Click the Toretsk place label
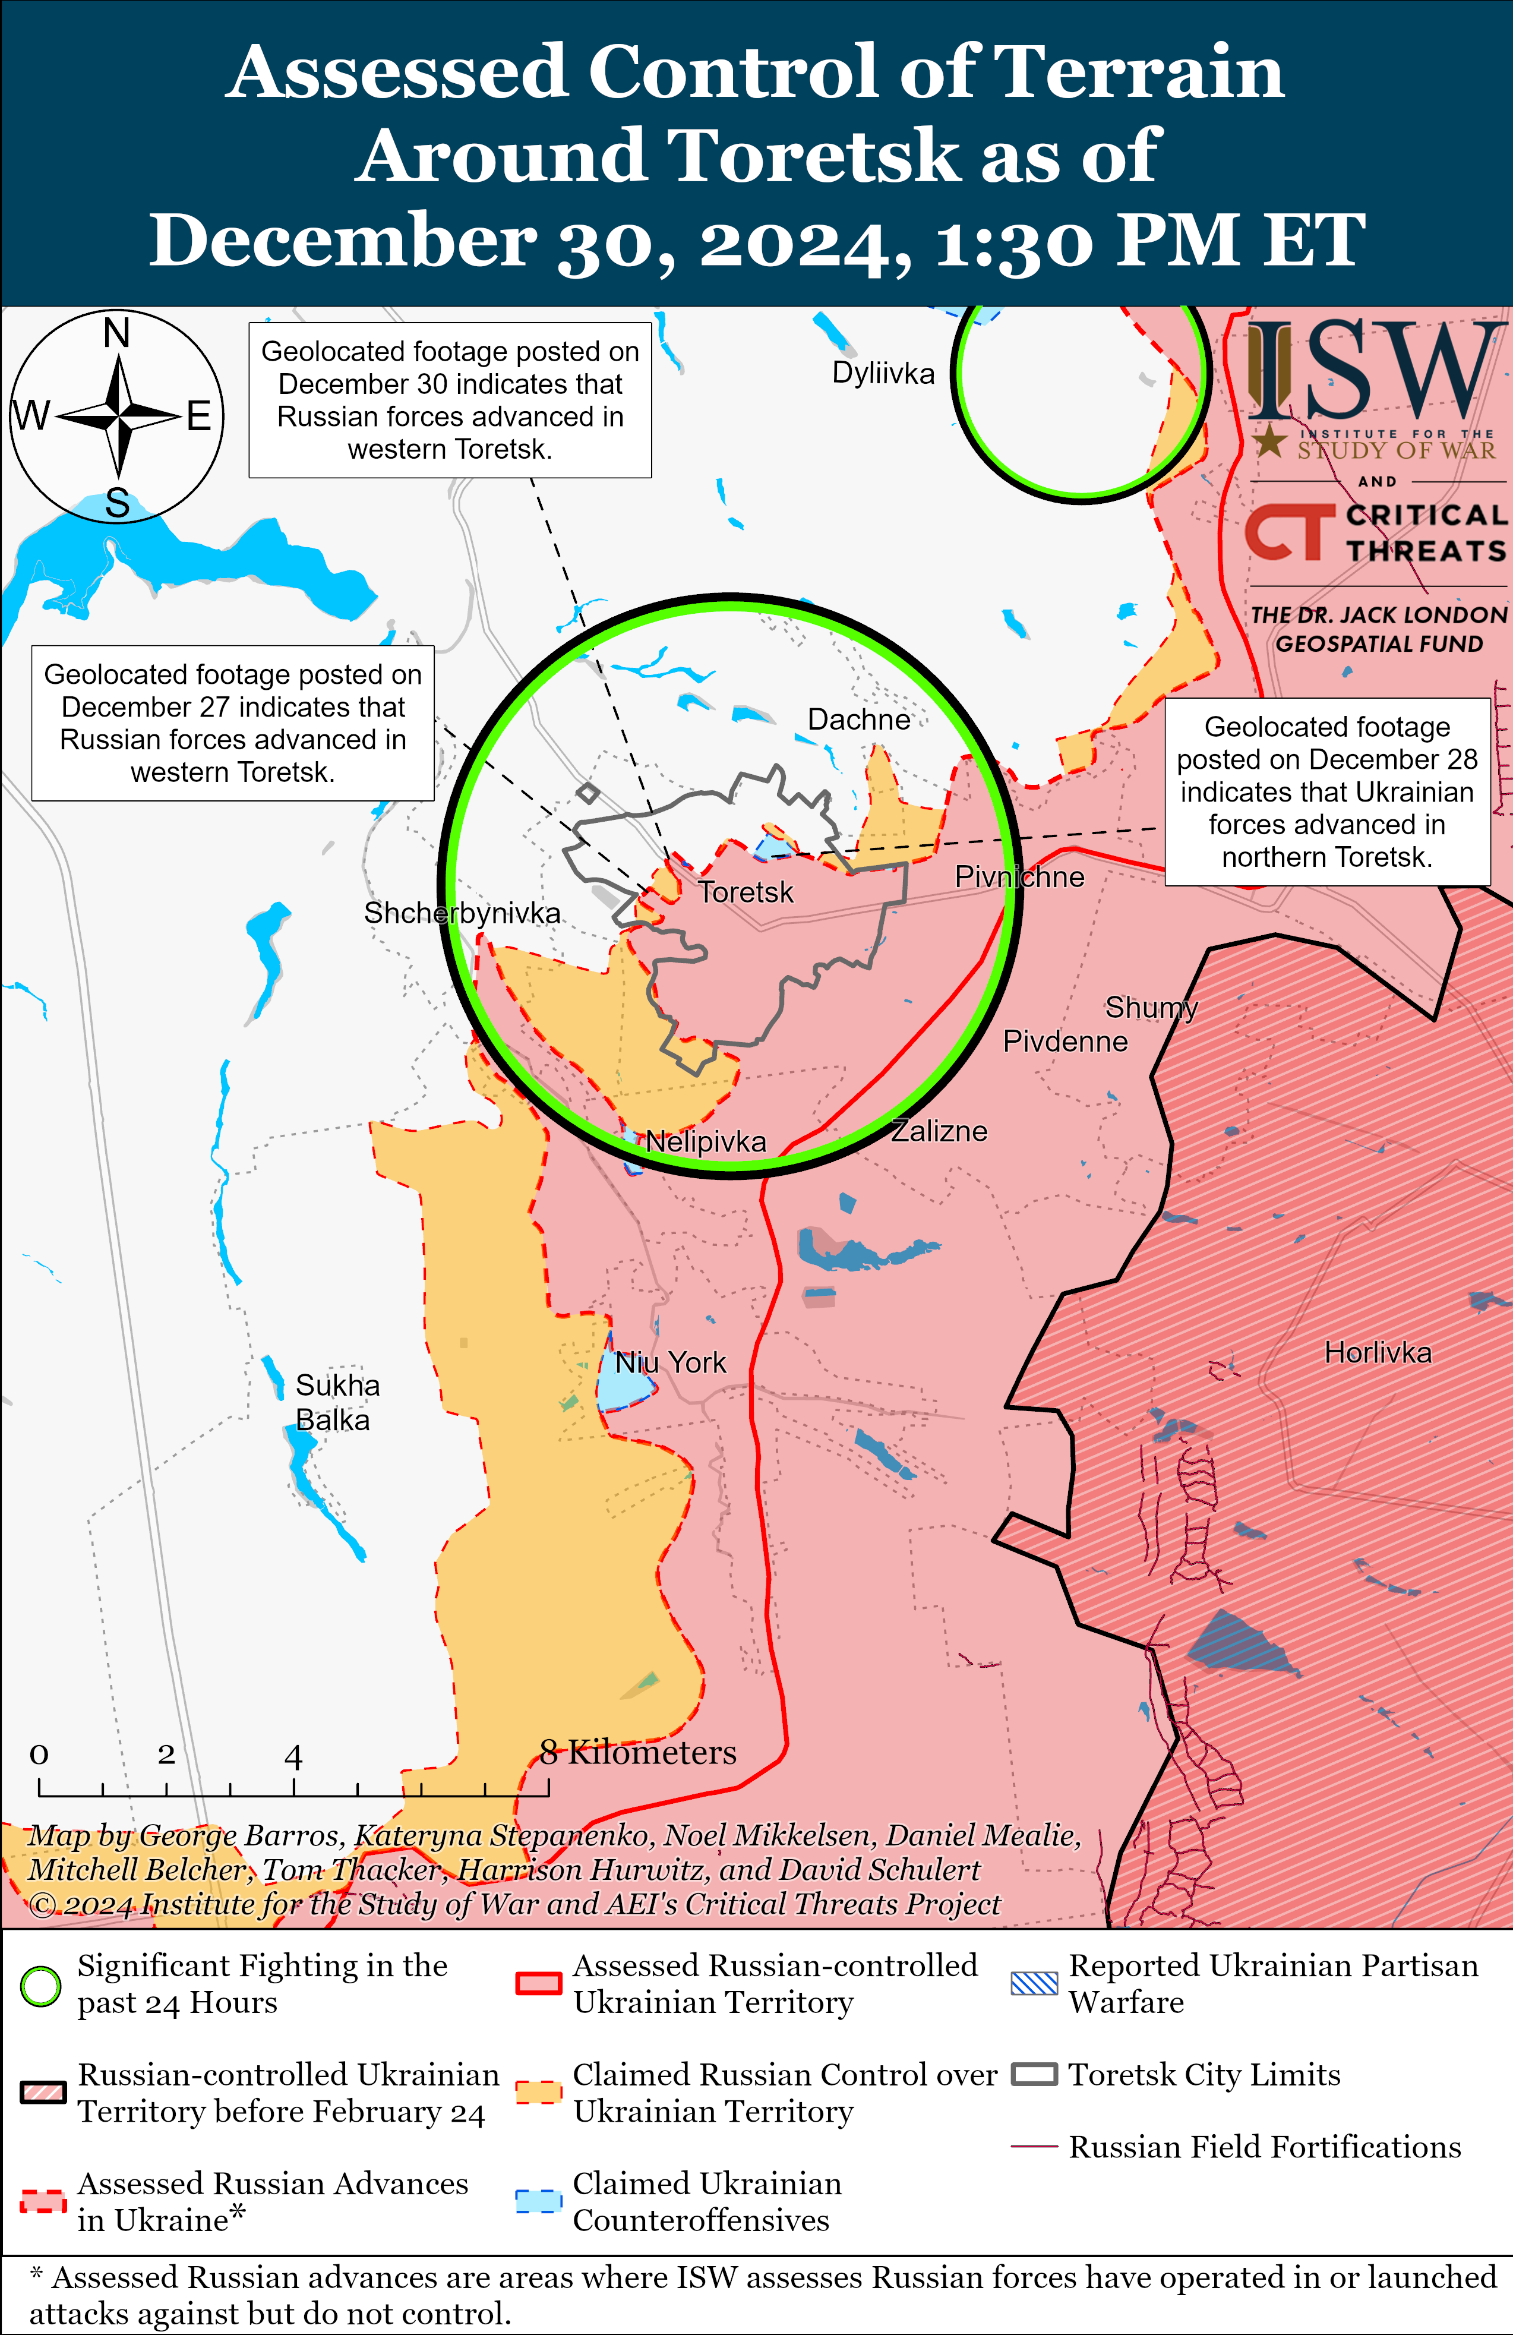coord(745,893)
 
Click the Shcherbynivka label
coord(462,913)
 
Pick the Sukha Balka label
coord(337,1403)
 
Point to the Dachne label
coord(858,720)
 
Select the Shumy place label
coord(1151,1008)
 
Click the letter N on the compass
coord(117,333)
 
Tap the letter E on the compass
coord(199,417)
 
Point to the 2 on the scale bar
coord(166,1753)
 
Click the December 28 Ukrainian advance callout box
coord(1326,792)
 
